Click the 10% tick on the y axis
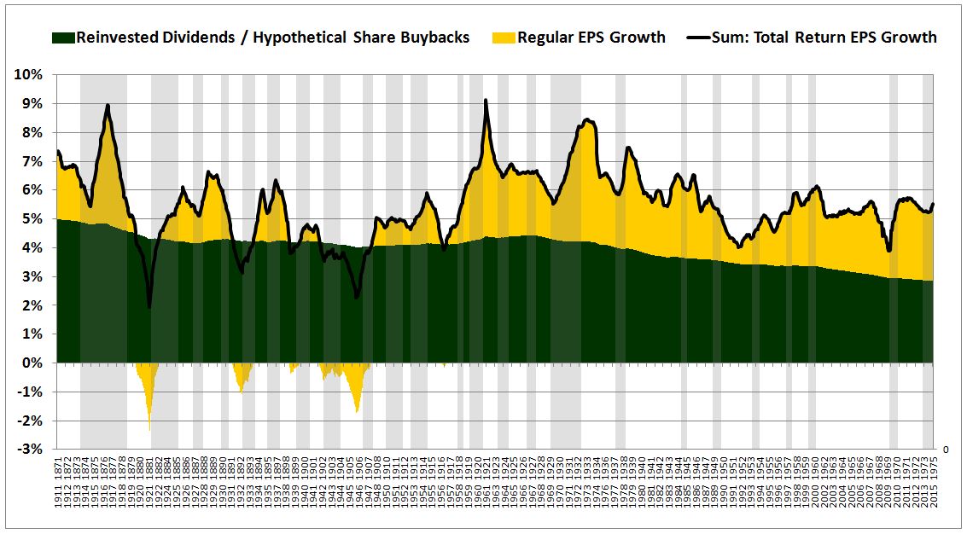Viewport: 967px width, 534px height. pyautogui.click(x=28, y=74)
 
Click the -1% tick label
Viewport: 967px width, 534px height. pyautogui.click(x=30, y=392)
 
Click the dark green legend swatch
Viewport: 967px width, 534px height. pyautogui.click(x=64, y=38)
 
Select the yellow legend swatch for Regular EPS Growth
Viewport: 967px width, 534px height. pyautogui.click(x=504, y=38)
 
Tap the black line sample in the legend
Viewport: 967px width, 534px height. pyautogui.click(x=699, y=38)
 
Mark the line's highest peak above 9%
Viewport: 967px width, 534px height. pyautogui.click(x=486, y=101)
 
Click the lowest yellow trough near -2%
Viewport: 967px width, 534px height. pyautogui.click(x=149, y=429)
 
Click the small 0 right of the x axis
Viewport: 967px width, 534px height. pyautogui.click(x=945, y=449)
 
